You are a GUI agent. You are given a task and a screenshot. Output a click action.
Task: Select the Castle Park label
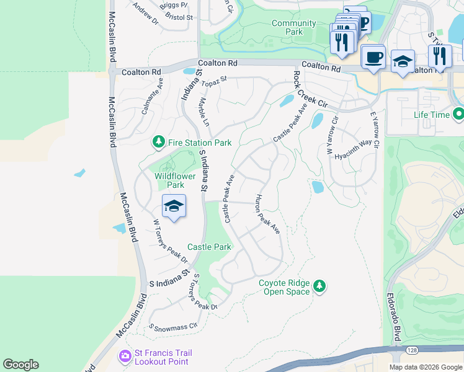tap(209, 247)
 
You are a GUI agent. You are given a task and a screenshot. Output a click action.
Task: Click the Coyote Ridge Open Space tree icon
tap(319, 286)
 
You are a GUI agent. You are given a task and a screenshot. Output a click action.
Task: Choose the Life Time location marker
tap(458, 115)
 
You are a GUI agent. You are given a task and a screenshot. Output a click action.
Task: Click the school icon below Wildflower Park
tap(174, 206)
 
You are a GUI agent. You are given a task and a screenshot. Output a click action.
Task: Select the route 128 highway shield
tap(395, 350)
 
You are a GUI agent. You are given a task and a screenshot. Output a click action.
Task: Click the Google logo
tap(20, 365)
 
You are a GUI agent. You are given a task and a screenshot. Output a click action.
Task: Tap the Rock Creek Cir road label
tap(310, 91)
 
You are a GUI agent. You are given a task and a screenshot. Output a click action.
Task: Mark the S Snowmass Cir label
tap(173, 325)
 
